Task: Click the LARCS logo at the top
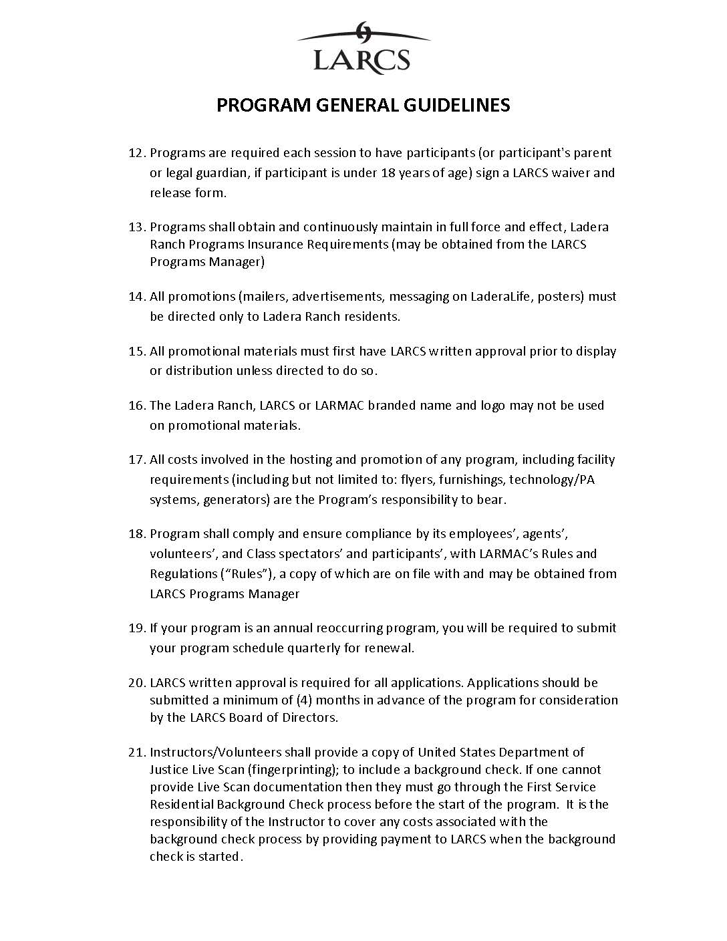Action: pos(363,47)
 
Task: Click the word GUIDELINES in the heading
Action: pos(456,105)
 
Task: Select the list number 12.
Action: pos(136,153)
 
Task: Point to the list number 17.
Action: pos(136,460)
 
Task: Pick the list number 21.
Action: pos(136,753)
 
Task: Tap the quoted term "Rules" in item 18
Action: pos(245,574)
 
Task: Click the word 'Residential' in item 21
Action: pos(182,805)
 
